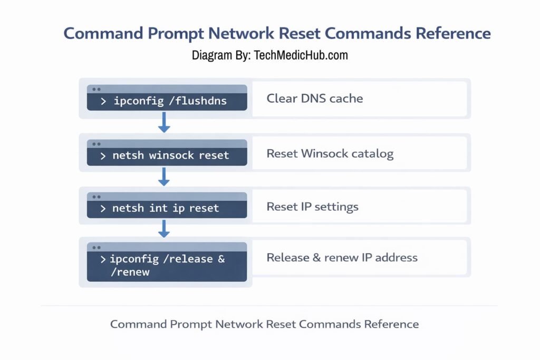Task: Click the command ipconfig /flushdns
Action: point(170,101)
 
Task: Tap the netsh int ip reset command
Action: point(165,208)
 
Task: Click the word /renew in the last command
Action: point(130,272)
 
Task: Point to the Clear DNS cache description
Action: point(314,99)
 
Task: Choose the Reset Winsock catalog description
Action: point(330,154)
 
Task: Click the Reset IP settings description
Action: point(312,207)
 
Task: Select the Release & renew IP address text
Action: point(342,258)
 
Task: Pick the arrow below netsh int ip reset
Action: point(164,228)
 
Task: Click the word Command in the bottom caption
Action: point(137,324)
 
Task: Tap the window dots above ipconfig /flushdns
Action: point(96,89)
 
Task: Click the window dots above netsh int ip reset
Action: point(96,197)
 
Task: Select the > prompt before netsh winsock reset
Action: point(103,156)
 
